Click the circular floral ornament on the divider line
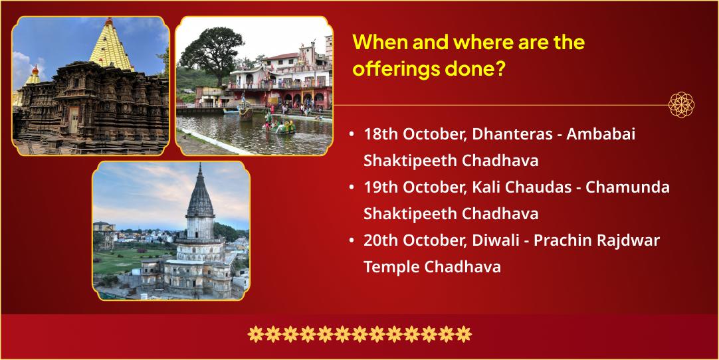point(681,104)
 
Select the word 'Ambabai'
point(601,135)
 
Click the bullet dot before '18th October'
point(352,135)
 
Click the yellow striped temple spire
point(110,45)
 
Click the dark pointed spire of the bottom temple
point(200,192)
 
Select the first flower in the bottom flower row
point(255,334)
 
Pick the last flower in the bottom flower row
point(464,334)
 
